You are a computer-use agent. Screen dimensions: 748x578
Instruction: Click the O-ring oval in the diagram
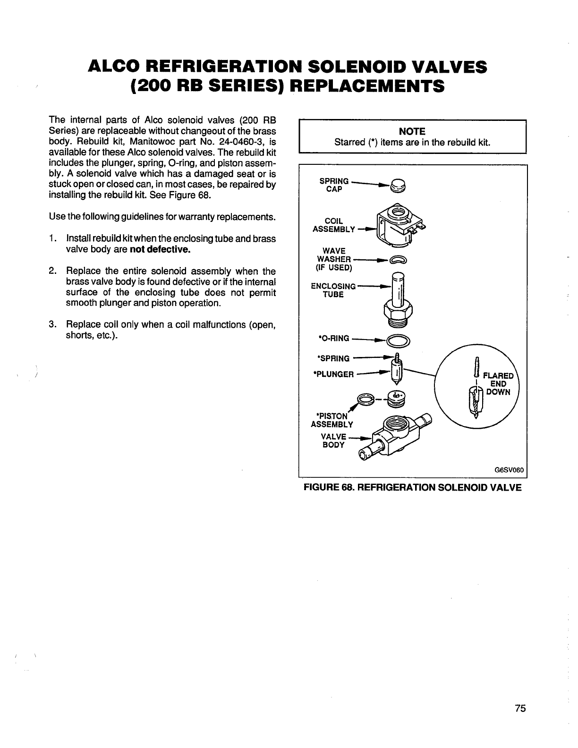pyautogui.click(x=399, y=340)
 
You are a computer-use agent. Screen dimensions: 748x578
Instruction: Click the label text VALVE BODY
pyautogui.click(x=333, y=441)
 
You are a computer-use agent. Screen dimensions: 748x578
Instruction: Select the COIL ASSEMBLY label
pyautogui.click(x=333, y=225)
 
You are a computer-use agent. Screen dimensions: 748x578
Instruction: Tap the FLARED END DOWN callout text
pyautogui.click(x=497, y=383)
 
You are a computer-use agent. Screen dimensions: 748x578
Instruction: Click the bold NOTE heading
pyautogui.click(x=412, y=131)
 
